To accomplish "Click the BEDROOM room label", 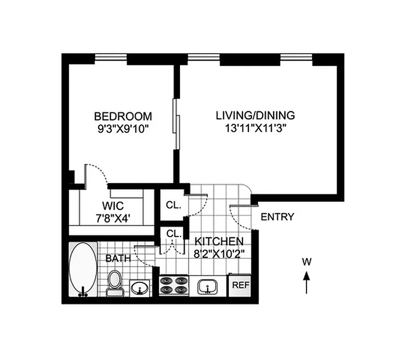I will (123, 116).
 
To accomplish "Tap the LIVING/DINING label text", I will (256, 115).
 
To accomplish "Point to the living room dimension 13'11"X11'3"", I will (256, 128).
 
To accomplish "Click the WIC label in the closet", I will (111, 207).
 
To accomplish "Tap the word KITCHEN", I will (219, 241).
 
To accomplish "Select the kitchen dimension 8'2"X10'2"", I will (219, 253).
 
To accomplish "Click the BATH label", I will (118, 259).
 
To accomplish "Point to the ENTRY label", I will (278, 217).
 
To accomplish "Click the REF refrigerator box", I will (240, 285).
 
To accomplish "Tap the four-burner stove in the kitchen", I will (174, 285).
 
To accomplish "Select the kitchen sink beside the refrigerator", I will (207, 285).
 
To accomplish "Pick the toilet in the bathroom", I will (115, 282).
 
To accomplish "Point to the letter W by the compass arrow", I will (306, 261).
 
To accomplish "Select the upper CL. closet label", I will (173, 205).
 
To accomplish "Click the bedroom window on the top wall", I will (111, 58).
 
